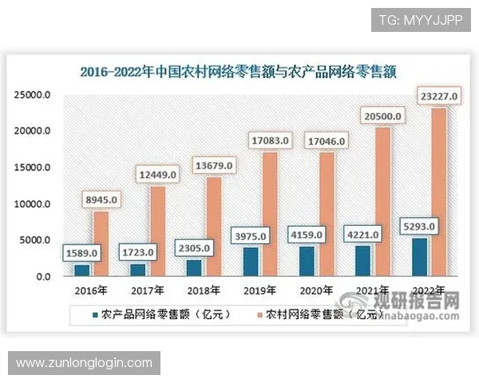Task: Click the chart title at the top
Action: (239, 70)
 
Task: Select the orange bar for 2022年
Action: (437, 191)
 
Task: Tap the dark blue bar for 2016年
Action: (82, 270)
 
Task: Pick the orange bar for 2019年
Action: (270, 214)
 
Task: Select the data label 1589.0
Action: (81, 253)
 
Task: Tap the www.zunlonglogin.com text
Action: (84, 363)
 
